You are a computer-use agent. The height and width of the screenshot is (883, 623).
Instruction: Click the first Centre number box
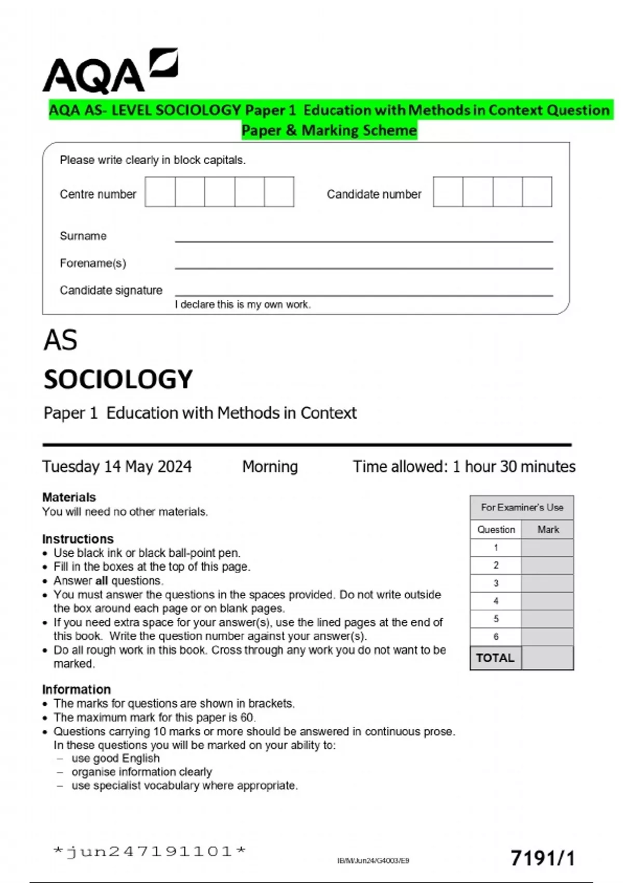point(160,192)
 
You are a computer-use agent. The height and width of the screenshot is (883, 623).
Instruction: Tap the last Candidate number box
point(537,192)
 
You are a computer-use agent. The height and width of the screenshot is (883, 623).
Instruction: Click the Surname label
point(83,236)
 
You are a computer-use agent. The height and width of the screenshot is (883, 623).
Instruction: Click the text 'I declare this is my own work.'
point(242,305)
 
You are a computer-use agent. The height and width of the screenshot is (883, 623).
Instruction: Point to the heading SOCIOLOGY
point(118,379)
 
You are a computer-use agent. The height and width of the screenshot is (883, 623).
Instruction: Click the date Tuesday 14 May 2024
point(117,466)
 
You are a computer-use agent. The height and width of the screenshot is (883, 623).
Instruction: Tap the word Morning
point(270,466)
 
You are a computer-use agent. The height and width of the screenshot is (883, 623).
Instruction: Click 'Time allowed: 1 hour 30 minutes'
point(464,466)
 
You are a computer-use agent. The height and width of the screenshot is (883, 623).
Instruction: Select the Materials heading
point(69,497)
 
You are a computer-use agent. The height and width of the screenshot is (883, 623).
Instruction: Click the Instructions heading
point(78,539)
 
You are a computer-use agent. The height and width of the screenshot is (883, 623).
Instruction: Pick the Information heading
point(76,689)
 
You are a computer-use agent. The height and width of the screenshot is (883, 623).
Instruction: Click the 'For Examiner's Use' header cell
point(522,507)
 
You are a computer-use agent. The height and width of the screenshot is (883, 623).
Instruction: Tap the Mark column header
point(548,529)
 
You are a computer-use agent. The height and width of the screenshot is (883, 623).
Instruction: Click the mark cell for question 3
point(547,583)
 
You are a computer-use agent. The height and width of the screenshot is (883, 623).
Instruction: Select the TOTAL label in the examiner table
point(495,658)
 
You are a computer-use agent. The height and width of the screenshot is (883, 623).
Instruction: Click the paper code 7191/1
point(543,858)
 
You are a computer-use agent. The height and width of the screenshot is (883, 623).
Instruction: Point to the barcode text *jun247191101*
point(150,851)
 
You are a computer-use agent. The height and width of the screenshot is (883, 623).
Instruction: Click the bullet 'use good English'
point(116,758)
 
